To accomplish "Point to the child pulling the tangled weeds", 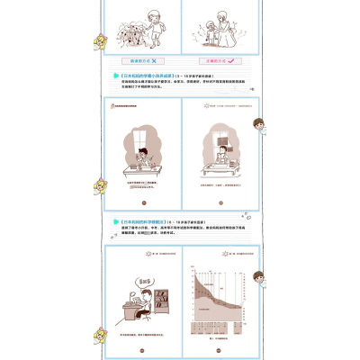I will [154, 18].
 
